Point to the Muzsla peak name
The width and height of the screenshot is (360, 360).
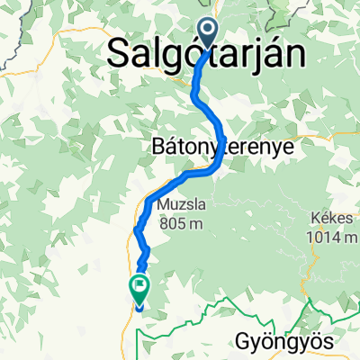coord(177,203)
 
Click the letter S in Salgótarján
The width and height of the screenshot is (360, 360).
coord(118,54)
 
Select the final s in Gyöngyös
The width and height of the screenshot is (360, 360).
coord(328,342)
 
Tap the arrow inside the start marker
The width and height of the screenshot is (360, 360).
coord(207,34)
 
